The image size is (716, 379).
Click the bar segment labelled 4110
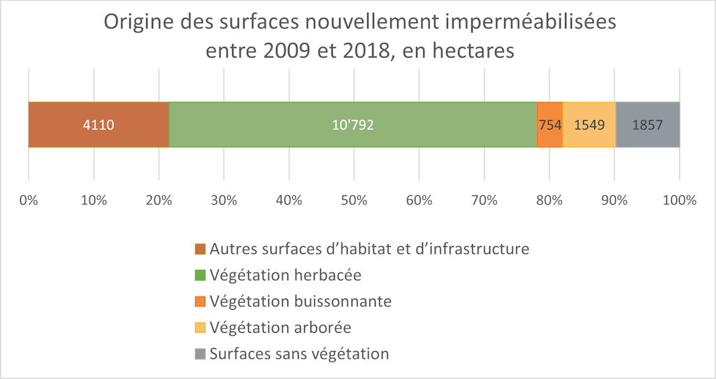click(99, 124)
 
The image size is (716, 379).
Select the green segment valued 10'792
click(352, 124)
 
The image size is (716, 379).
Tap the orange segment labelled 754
click(550, 124)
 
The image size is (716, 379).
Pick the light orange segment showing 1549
click(589, 124)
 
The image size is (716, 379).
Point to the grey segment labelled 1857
click(647, 124)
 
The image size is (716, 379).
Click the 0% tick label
click(29, 201)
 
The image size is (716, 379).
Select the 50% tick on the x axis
click(354, 201)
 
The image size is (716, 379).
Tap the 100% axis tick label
click(680, 201)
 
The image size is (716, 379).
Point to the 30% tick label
click(224, 201)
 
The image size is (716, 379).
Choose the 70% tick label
click(484, 201)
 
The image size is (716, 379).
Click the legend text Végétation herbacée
click(285, 275)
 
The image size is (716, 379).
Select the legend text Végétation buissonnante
click(301, 301)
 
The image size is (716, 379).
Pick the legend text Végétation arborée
click(280, 327)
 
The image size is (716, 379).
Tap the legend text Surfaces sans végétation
click(299, 353)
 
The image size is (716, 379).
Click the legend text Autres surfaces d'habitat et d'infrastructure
click(369, 248)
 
